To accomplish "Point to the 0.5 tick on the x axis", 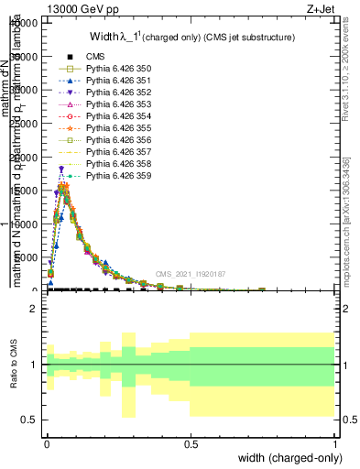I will tap(191, 443).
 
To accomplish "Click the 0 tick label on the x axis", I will tap(48, 443).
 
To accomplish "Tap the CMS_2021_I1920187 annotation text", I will tap(191, 274).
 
